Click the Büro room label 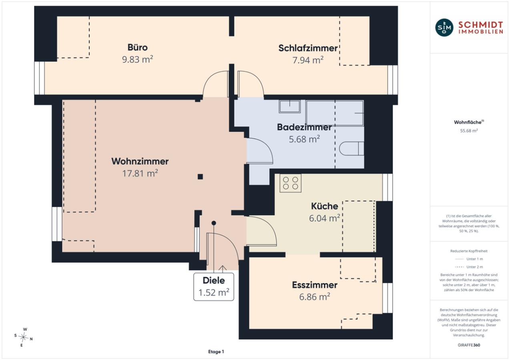coord(138,47)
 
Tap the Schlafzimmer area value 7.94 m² coord(308,60)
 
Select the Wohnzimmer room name coord(140,161)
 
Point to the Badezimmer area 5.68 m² coord(304,139)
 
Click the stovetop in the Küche coord(291,183)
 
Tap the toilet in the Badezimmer coord(351,148)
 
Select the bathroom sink coord(289,106)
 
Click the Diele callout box coord(213,287)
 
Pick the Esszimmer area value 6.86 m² coord(314,297)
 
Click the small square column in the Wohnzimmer coord(200,176)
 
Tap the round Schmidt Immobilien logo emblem coord(444,28)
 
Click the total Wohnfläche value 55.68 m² coord(469,131)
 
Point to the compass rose coord(23,337)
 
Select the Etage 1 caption coord(216,352)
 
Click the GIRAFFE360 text coord(469,345)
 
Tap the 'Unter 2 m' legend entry coord(469,267)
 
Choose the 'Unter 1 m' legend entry coord(469,259)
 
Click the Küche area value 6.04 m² coord(324,218)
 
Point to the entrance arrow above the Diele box coord(223,269)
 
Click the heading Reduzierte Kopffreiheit coord(469,251)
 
